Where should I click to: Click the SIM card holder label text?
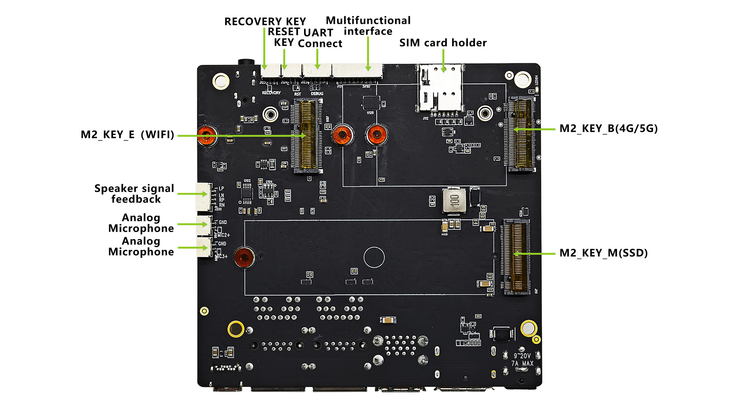(x=443, y=43)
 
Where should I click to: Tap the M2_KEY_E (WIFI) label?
(x=127, y=135)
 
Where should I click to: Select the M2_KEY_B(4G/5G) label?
(x=608, y=129)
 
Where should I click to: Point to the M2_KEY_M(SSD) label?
(x=603, y=253)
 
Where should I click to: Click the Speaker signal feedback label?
(x=135, y=194)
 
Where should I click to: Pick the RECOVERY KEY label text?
(x=265, y=22)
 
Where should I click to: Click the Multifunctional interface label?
(x=368, y=26)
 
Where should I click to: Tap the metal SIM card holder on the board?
(x=440, y=88)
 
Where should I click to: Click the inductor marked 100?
(x=454, y=200)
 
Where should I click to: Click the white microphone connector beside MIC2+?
(x=204, y=226)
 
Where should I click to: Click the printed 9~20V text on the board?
(x=522, y=356)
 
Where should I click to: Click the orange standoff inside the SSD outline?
(x=244, y=257)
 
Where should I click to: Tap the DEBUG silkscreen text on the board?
(x=317, y=93)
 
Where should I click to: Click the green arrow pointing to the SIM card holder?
(x=443, y=61)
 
